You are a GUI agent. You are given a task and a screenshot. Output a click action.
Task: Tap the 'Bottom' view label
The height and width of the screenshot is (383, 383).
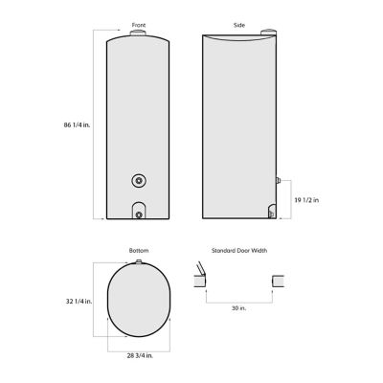(x=139, y=251)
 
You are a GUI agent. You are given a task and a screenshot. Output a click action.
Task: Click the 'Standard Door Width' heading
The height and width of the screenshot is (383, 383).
(x=238, y=251)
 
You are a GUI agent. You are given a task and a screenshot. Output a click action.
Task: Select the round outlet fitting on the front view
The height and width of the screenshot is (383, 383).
(x=140, y=180)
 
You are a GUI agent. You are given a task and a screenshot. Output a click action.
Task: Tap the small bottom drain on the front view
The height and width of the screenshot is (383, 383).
(x=140, y=214)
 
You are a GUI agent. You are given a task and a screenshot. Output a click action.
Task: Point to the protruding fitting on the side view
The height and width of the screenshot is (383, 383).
(x=278, y=180)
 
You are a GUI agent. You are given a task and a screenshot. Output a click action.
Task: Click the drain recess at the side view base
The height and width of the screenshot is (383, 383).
(x=271, y=213)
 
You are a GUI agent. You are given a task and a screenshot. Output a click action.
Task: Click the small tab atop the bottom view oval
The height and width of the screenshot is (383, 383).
(x=139, y=260)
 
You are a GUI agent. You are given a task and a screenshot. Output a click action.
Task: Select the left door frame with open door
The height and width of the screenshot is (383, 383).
(x=199, y=282)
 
